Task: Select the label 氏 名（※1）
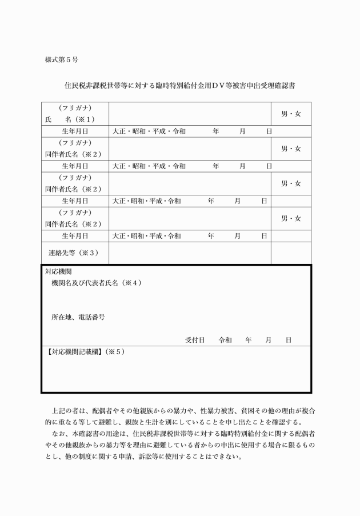tap(69, 119)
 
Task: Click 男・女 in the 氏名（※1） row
tap(291, 114)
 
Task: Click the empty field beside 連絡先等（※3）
tap(189, 253)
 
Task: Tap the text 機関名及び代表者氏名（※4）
tap(97, 283)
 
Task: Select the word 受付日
tap(195, 340)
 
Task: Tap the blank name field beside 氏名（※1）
tap(189, 114)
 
